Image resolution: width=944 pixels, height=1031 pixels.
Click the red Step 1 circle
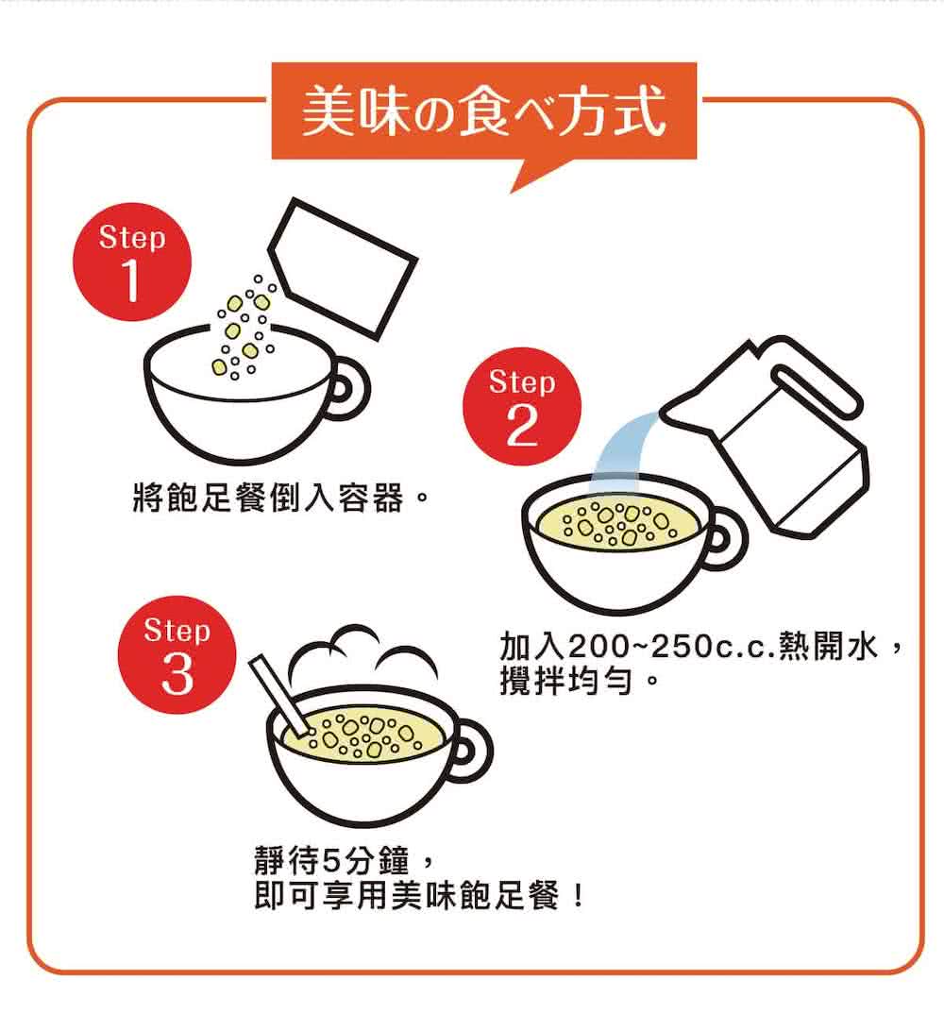tap(131, 262)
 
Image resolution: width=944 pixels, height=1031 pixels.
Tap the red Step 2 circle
tap(522, 406)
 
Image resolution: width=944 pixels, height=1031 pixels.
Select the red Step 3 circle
tap(177, 655)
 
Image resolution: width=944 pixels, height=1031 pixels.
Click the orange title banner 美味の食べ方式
tap(484, 110)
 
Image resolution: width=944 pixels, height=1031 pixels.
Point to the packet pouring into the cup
tap(342, 268)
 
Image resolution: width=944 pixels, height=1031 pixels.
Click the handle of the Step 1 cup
tap(352, 389)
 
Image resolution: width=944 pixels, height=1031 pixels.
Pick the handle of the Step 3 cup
tap(475, 752)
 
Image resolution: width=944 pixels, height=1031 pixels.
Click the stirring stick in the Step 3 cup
tap(279, 694)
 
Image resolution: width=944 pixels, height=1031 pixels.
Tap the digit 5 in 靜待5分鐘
tap(330, 861)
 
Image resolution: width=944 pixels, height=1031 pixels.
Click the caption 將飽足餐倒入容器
tap(268, 497)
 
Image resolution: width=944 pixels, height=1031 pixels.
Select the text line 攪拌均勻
tap(565, 682)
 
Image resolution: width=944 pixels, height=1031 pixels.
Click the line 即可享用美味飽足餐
tap(407, 895)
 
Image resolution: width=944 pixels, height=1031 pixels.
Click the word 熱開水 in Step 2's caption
tap(828, 647)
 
